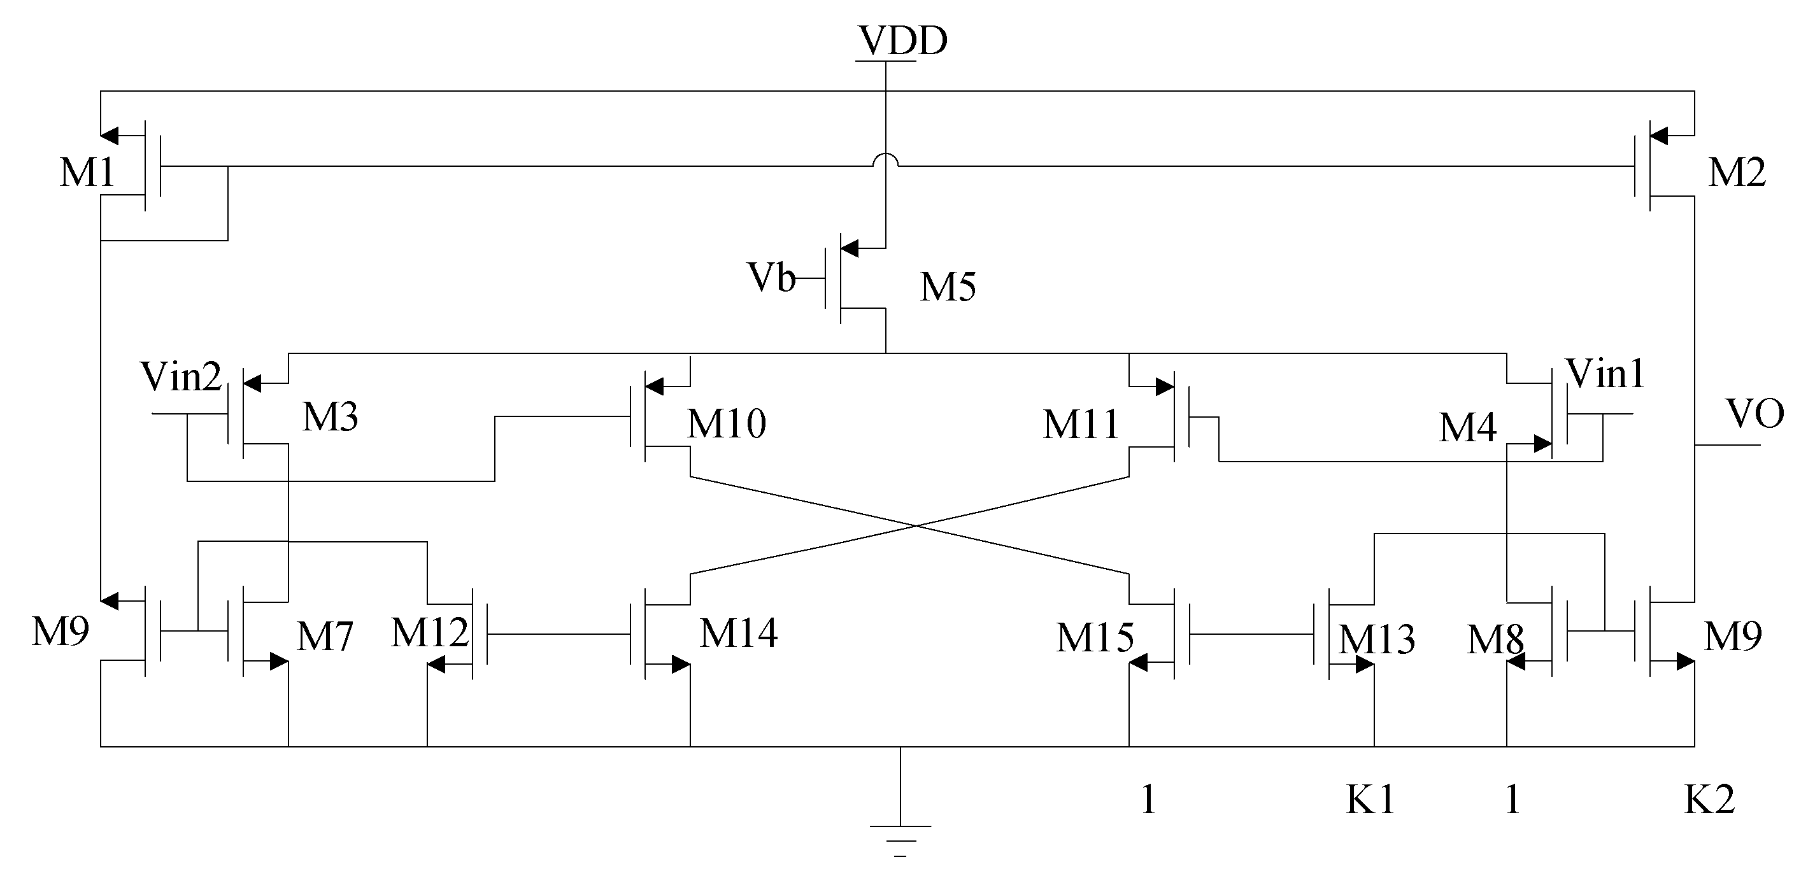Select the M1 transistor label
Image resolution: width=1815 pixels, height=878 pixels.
pyautogui.click(x=87, y=173)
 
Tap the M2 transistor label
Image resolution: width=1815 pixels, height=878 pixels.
pyautogui.click(x=1737, y=173)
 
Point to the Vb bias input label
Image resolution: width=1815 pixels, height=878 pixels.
pyautogui.click(x=771, y=278)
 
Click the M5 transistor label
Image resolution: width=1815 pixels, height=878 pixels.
pyautogui.click(x=948, y=288)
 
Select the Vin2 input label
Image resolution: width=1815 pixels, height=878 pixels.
pyautogui.click(x=181, y=377)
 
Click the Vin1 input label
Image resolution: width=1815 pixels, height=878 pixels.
pyautogui.click(x=1604, y=374)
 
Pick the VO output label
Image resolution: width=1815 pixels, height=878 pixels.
pyautogui.click(x=1754, y=414)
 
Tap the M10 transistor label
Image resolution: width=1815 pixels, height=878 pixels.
pyautogui.click(x=727, y=424)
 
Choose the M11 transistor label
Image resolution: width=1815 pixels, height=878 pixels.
pyautogui.click(x=1081, y=425)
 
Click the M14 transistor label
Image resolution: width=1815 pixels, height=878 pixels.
pyautogui.click(x=738, y=633)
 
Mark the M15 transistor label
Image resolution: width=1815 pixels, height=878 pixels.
pyautogui.click(x=1095, y=638)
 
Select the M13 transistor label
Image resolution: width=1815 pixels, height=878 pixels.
pyautogui.click(x=1376, y=640)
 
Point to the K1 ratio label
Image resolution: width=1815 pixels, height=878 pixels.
pyautogui.click(x=1370, y=800)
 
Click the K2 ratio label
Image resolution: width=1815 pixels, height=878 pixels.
pyautogui.click(x=1709, y=800)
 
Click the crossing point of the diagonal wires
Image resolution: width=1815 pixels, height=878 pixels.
pyautogui.click(x=915, y=526)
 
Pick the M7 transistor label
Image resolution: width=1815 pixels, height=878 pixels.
pyautogui.click(x=324, y=637)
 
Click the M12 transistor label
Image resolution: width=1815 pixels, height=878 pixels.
pyautogui.click(x=429, y=633)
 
